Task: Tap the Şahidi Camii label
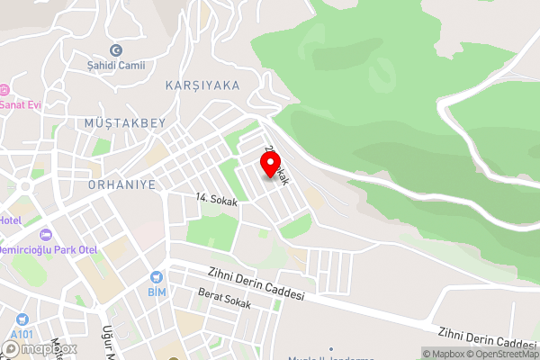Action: tap(115, 65)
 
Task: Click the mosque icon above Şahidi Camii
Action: tap(115, 50)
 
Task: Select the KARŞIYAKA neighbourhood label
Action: tap(202, 85)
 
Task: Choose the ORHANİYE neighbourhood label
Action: tap(123, 184)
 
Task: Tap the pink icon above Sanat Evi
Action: tap(4, 90)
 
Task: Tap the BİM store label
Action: tap(157, 292)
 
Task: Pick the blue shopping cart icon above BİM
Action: tap(157, 278)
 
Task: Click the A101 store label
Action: tap(21, 334)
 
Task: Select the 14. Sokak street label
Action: tap(216, 202)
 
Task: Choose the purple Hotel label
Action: tap(10, 220)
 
